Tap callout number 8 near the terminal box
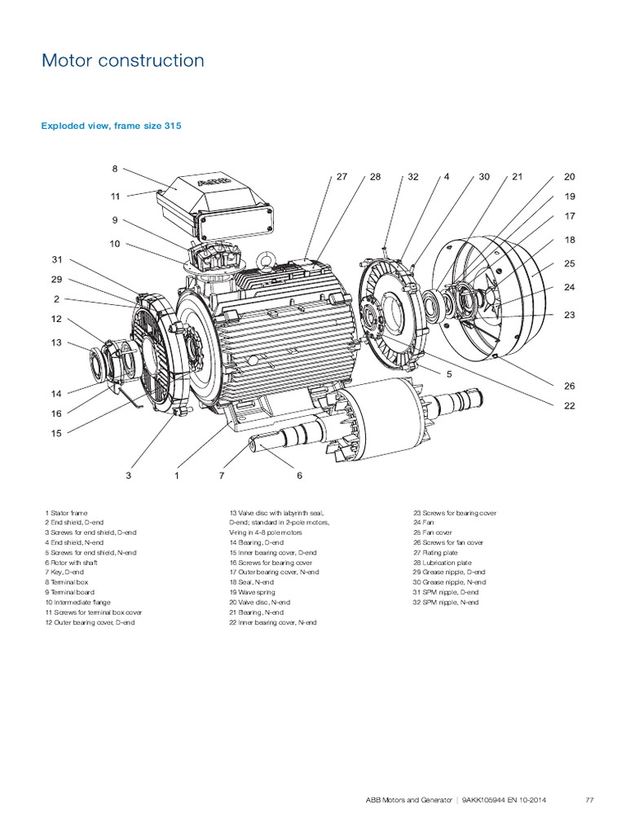(x=115, y=169)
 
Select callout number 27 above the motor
(x=342, y=176)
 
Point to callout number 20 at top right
(x=569, y=176)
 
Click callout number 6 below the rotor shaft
(x=299, y=475)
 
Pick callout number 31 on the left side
(x=57, y=259)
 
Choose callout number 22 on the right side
(x=569, y=404)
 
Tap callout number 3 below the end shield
(x=128, y=475)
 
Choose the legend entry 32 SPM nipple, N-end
(x=445, y=603)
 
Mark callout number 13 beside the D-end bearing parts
(x=57, y=342)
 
